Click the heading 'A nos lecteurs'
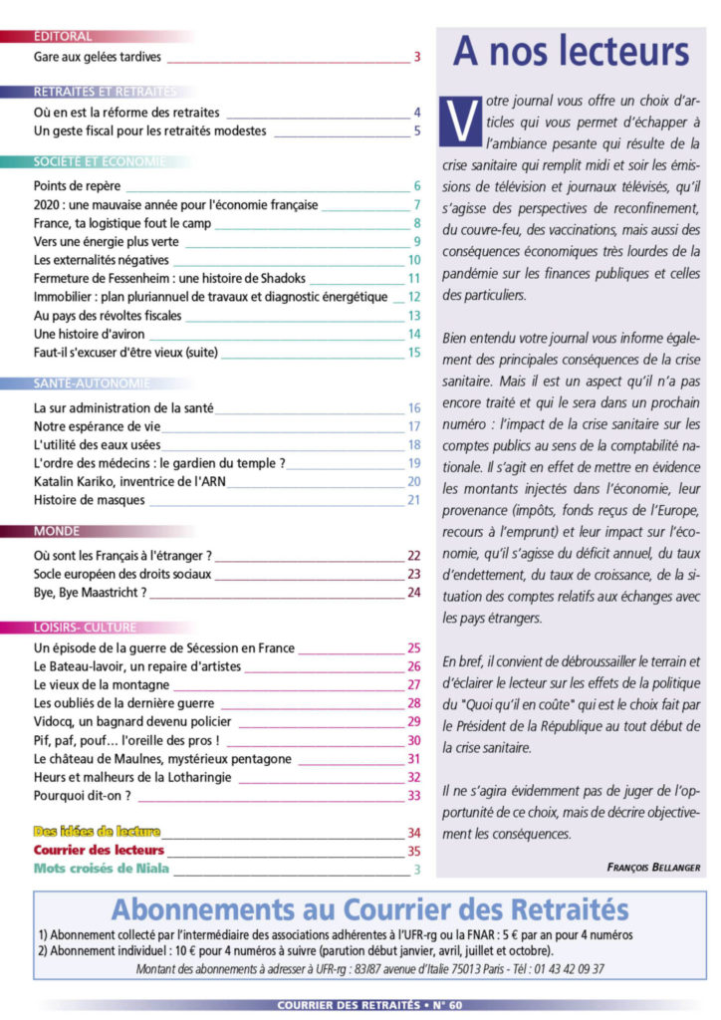click(x=571, y=52)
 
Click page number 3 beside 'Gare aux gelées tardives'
click(x=416, y=57)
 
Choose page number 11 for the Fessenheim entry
click(x=414, y=278)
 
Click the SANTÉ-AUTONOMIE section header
click(x=91, y=382)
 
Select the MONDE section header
click(x=57, y=531)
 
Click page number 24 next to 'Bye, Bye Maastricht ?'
click(x=414, y=593)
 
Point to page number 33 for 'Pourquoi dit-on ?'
click(x=414, y=795)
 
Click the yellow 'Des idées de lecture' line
click(x=97, y=832)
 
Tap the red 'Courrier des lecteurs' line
click(x=99, y=851)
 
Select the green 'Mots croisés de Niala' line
click(x=101, y=869)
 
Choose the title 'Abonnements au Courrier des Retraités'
click(x=369, y=909)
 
